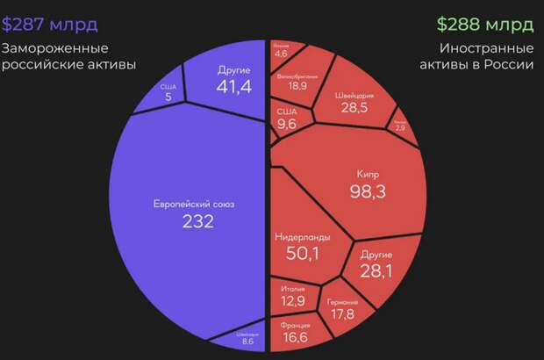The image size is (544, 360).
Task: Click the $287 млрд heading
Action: pos(49,22)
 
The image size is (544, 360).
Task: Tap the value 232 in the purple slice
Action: pos(198,222)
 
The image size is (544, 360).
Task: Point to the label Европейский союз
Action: pos(198,205)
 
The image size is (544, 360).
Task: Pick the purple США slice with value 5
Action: pos(167,93)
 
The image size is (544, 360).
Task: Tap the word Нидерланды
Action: pos(301,237)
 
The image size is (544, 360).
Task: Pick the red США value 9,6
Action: pos(287,124)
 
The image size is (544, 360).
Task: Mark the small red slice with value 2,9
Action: pos(399,126)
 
